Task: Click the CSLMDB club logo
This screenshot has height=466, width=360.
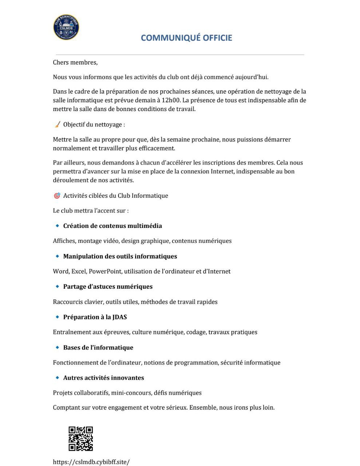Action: (66, 27)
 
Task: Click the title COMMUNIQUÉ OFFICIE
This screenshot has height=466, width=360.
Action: (186, 38)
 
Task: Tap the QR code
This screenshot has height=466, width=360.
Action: (80, 439)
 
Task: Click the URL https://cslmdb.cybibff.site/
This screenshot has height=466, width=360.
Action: (91, 462)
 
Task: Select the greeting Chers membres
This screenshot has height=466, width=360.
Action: (75, 62)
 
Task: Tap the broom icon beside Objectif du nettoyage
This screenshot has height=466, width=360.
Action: (57, 125)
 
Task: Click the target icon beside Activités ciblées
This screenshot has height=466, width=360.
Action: (57, 196)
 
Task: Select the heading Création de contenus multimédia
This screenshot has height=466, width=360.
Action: (112, 226)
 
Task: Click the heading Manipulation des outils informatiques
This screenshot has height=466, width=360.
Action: (120, 256)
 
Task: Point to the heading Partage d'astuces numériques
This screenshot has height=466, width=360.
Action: (108, 287)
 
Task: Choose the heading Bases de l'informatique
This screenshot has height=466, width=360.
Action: (98, 348)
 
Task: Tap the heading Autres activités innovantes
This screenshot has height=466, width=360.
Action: (103, 378)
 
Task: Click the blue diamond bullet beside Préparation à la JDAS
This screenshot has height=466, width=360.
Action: (57, 317)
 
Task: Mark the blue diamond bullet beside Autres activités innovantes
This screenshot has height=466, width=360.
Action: (57, 378)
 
